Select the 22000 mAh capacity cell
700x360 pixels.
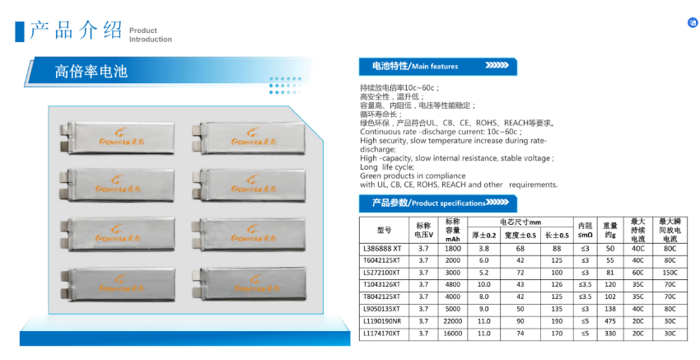coord(452,321)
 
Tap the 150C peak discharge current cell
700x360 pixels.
coord(670,272)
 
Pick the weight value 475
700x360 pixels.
coord(609,321)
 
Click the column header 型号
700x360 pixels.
coord(384,230)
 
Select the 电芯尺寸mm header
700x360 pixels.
coord(520,222)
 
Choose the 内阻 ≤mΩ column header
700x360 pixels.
coord(585,230)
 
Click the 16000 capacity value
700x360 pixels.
coord(452,334)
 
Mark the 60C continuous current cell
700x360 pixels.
coord(637,272)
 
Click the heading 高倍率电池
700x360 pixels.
coord(91,71)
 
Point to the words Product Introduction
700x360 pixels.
coord(151,35)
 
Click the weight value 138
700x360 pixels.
coord(609,309)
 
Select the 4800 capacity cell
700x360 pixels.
coord(452,284)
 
